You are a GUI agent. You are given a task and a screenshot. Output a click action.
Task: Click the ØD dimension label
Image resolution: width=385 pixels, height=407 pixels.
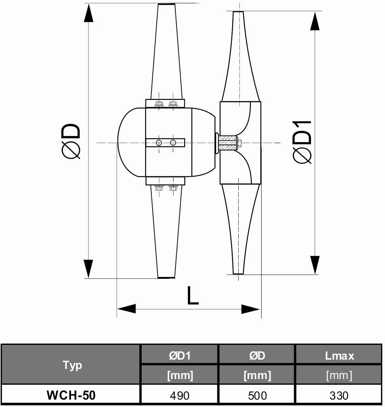point(72,141)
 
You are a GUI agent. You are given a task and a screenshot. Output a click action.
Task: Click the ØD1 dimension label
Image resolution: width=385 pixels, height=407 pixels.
point(303,142)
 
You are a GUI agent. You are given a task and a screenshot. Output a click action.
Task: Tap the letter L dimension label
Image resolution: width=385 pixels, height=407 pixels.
point(192,296)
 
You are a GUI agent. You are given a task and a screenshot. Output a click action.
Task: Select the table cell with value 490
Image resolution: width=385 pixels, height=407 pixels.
point(180,395)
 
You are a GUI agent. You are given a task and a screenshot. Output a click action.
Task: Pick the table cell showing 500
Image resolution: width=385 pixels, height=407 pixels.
point(257,395)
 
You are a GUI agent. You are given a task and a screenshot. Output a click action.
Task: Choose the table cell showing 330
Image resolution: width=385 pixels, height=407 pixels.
point(339,395)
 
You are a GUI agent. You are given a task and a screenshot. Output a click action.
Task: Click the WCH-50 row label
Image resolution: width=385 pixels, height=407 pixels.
point(71,395)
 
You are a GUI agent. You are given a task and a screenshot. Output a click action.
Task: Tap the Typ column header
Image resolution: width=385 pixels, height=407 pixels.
point(72,365)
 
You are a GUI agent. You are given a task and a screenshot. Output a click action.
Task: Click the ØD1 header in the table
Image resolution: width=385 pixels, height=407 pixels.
point(180,355)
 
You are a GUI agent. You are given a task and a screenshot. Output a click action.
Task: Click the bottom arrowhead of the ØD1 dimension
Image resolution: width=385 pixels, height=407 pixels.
point(315,265)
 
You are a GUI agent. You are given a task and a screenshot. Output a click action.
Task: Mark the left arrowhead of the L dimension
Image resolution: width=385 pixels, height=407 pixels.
point(127,309)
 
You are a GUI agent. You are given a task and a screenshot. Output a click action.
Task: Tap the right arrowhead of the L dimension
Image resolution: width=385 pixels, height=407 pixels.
point(251,309)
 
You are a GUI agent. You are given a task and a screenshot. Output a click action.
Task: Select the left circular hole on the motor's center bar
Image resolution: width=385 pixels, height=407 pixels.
point(159,143)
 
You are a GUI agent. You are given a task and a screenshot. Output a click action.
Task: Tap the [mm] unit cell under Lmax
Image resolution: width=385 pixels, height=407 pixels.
point(339,375)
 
